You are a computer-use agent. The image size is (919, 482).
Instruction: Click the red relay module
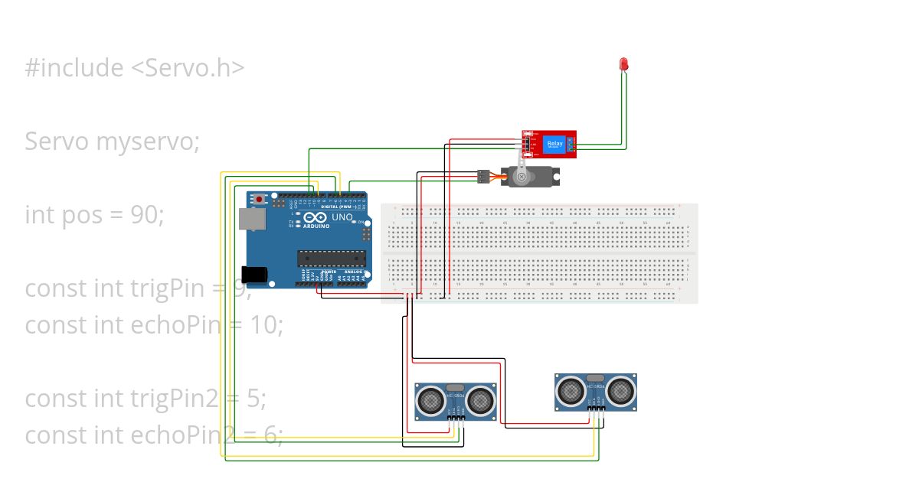click(549, 145)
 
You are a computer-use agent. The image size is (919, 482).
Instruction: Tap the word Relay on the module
click(554, 142)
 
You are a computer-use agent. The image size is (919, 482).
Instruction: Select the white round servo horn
click(522, 177)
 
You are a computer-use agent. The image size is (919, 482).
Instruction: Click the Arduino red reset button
click(259, 200)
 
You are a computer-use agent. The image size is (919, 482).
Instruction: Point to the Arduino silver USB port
click(249, 220)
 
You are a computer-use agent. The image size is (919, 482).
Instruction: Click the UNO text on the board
click(342, 217)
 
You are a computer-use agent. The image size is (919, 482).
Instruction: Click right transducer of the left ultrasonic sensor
click(480, 399)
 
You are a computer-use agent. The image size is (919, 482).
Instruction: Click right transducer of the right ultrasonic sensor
click(620, 391)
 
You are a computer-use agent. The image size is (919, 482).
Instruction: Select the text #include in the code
click(74, 68)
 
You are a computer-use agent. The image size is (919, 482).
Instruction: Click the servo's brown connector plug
click(483, 177)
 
